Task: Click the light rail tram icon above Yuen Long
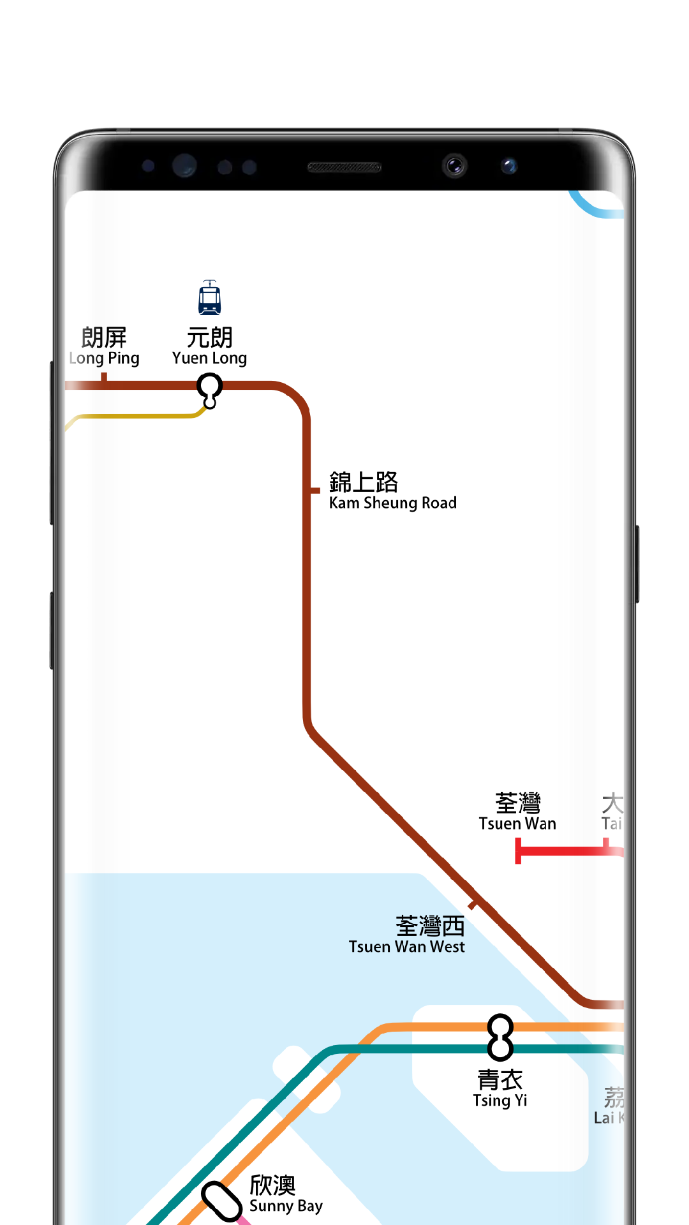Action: click(x=209, y=298)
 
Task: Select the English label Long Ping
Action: click(x=105, y=359)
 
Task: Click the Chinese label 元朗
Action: click(x=209, y=337)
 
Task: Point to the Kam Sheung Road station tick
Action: click(x=313, y=490)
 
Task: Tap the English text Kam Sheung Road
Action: click(x=392, y=503)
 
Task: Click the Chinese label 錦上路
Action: click(x=363, y=482)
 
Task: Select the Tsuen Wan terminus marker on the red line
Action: click(x=519, y=850)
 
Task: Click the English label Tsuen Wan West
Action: click(x=406, y=947)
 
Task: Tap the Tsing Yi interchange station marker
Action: click(x=500, y=1037)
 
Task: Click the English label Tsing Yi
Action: click(x=500, y=1101)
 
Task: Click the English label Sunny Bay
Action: click(x=286, y=1206)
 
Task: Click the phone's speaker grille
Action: click(x=344, y=167)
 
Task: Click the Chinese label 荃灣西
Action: click(x=429, y=925)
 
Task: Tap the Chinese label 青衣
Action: click(x=500, y=1080)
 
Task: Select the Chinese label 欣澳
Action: click(x=272, y=1185)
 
